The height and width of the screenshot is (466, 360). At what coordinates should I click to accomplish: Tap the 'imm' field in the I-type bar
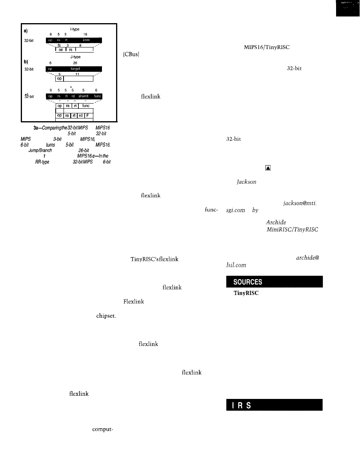point(86,40)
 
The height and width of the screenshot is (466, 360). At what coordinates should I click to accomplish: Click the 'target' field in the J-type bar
point(76,67)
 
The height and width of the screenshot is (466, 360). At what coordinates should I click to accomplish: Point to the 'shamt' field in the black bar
point(83,96)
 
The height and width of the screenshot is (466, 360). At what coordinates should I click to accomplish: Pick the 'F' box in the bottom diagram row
point(88,116)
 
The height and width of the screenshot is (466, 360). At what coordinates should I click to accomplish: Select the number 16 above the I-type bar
point(85,35)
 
